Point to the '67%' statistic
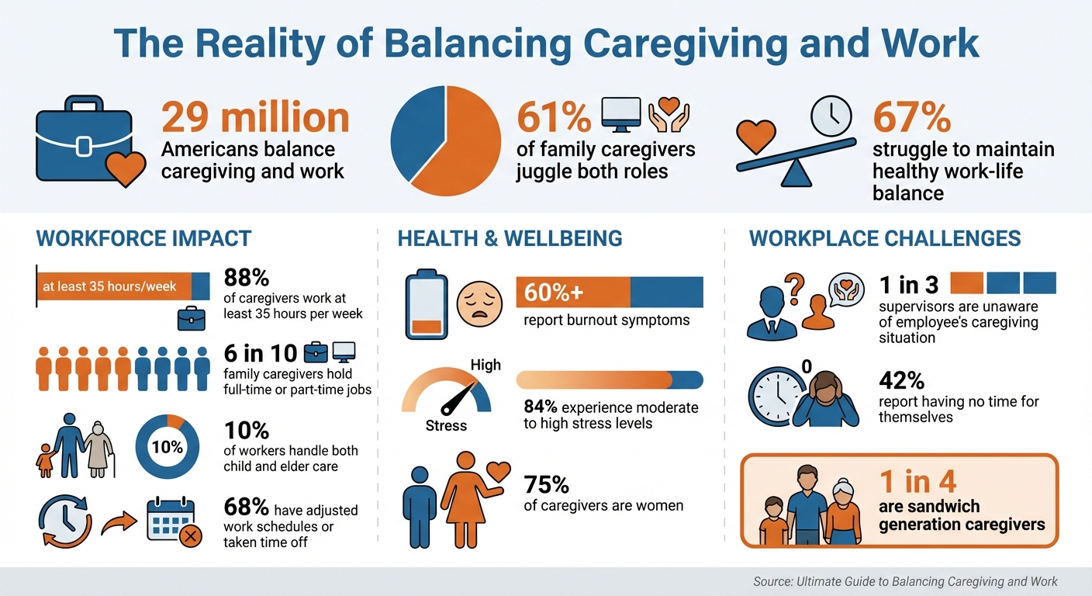click(x=912, y=118)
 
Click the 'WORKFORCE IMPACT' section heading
click(x=143, y=238)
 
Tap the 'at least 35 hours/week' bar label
click(x=109, y=286)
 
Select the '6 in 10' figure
click(x=261, y=354)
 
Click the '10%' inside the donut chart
click(x=168, y=447)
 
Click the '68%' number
click(x=246, y=508)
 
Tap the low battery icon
click(x=427, y=305)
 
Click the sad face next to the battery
click(x=476, y=303)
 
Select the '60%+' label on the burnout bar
click(x=552, y=293)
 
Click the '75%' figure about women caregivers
click(x=547, y=485)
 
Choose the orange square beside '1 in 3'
click(x=966, y=283)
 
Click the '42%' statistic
click(x=901, y=380)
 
